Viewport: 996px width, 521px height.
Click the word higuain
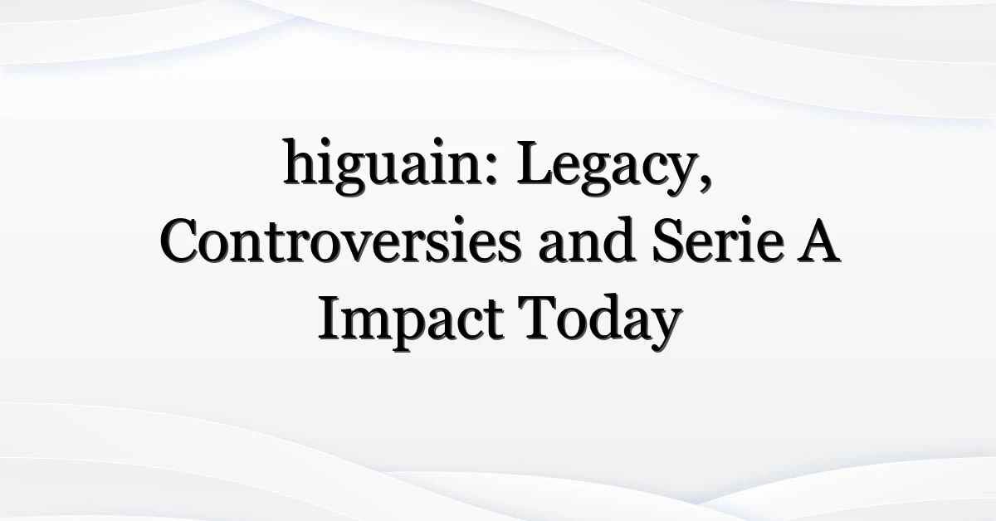pyautogui.click(x=382, y=166)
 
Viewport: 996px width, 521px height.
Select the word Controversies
pyautogui.click(x=340, y=239)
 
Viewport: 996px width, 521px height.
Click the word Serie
pyautogui.click(x=717, y=239)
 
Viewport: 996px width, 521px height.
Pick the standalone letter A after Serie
pyautogui.click(x=818, y=241)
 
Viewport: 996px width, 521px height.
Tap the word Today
pyautogui.click(x=603, y=320)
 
